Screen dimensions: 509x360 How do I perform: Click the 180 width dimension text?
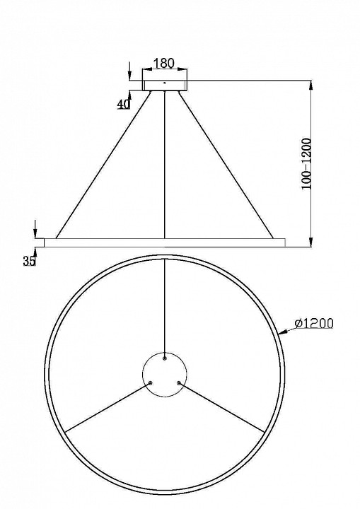pyautogui.click(x=164, y=64)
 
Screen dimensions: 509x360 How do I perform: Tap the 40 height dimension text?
pyautogui.click(x=124, y=103)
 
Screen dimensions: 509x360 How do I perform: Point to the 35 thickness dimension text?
pyautogui.click(x=28, y=262)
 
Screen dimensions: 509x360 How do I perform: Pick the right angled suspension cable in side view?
pyautogui.click(x=225, y=165)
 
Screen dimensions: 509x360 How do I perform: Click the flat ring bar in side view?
pyautogui.click(x=164, y=242)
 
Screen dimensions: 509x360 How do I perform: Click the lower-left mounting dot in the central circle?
pyautogui.click(x=151, y=383)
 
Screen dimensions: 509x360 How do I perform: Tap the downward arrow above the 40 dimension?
pyautogui.click(x=129, y=76)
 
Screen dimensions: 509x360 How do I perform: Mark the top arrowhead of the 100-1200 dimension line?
pyautogui.click(x=312, y=83)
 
